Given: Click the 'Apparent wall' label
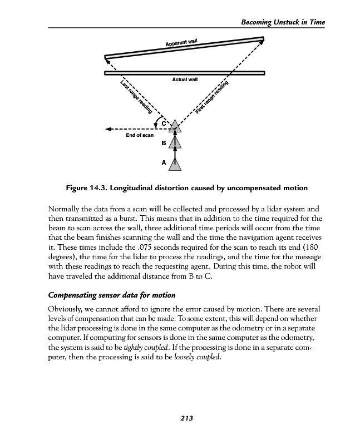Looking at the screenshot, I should pos(181,42).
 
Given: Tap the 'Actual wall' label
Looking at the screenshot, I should pos(185,80).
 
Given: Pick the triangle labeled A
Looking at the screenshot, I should pos(176,163).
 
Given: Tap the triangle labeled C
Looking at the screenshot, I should pos(176,125).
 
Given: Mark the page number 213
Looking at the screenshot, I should pos(186,419).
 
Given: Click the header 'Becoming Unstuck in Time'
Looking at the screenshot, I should pos(282,22).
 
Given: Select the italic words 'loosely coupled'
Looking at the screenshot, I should pos(194,358).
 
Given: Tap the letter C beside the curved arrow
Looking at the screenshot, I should pos(165,123).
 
